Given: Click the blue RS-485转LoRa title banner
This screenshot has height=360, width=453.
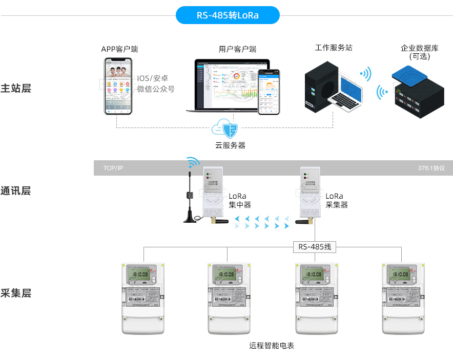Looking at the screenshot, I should (x=228, y=15).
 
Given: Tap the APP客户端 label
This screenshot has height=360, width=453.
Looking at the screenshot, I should (x=119, y=49).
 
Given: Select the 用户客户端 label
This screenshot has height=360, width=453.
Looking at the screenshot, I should (x=237, y=49).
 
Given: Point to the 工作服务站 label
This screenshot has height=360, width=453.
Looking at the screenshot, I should (x=334, y=48).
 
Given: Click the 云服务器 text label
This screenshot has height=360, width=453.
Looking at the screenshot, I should (x=230, y=145).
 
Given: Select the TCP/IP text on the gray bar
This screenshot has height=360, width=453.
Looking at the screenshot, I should (x=113, y=168).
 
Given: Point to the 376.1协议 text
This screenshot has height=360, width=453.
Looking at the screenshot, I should (x=431, y=168).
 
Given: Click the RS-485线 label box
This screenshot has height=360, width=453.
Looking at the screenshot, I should (x=315, y=247).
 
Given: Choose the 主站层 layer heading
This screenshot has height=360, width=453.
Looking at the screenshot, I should (x=16, y=88).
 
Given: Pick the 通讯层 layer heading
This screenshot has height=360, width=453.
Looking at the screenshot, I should (x=16, y=191).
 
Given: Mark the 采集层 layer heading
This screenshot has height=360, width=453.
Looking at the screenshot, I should (x=16, y=293).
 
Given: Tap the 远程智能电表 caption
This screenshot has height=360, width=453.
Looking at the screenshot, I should (x=272, y=346).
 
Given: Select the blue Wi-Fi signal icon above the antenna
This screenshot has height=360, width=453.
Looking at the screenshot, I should (x=193, y=163).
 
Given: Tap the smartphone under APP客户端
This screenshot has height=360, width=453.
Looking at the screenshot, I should (x=119, y=86).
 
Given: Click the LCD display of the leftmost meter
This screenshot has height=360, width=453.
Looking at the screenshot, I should (x=139, y=275).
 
